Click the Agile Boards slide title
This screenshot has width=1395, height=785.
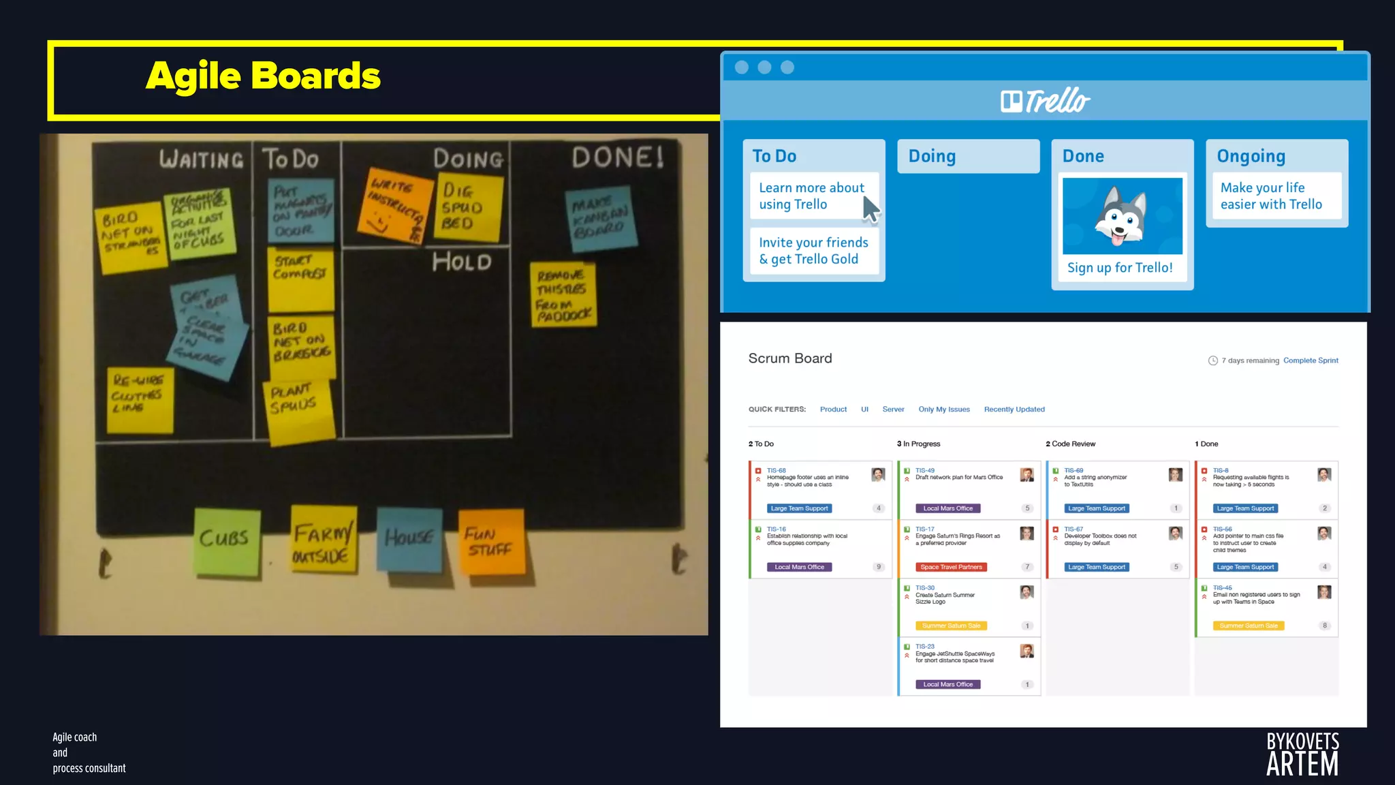point(263,76)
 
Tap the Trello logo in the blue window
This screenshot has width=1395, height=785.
point(1045,101)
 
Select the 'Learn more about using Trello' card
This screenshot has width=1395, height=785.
point(811,196)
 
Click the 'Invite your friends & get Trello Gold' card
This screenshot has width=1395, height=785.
point(813,251)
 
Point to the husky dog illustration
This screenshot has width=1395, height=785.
point(1122,216)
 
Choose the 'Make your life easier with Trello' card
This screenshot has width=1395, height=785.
point(1271,196)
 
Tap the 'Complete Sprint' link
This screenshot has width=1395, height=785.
point(1311,360)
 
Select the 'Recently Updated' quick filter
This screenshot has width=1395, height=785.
point(1014,410)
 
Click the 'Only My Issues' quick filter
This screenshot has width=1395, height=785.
point(943,410)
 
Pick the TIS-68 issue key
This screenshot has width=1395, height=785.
point(776,470)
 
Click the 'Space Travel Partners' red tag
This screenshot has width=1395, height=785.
point(951,567)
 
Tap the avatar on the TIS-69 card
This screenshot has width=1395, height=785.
point(1175,475)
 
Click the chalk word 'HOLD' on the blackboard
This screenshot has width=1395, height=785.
point(462,262)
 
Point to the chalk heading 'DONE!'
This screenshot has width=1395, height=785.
point(617,157)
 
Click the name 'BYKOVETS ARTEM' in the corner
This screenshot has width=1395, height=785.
point(1302,754)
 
